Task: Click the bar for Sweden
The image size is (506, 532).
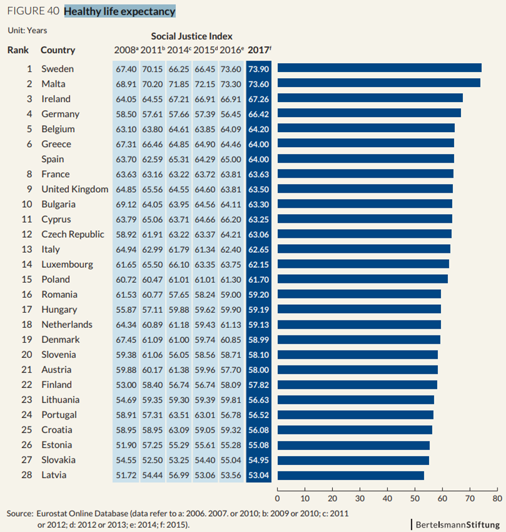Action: [379, 68]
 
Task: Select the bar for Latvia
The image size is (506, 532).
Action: [350, 475]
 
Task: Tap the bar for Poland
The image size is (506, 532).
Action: [362, 279]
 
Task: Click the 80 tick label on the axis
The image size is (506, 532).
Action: [497, 499]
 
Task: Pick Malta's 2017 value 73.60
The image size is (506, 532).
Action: [260, 84]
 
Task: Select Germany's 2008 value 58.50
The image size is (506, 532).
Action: [126, 114]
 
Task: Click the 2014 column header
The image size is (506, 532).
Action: [179, 50]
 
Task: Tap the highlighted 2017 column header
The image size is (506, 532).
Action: [260, 50]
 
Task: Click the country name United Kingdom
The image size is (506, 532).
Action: [74, 189]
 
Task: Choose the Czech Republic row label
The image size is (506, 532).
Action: [73, 234]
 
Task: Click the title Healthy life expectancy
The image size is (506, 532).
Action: [119, 11]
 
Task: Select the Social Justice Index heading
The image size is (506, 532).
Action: [191, 36]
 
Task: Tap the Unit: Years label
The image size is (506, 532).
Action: [27, 29]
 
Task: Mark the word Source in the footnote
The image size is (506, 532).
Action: [19, 513]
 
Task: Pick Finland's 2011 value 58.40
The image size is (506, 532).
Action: [153, 385]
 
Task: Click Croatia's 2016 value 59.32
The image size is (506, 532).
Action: [232, 430]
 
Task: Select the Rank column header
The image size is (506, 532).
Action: [18, 50]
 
